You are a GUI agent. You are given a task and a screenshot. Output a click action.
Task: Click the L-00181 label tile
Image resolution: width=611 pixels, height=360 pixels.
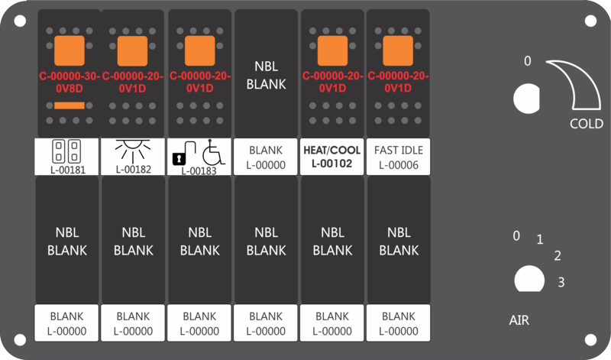(x=67, y=157)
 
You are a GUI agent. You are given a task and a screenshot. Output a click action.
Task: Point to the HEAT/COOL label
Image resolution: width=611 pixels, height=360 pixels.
(x=332, y=150)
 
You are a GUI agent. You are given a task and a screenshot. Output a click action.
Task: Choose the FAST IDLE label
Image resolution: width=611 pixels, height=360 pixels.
(x=398, y=150)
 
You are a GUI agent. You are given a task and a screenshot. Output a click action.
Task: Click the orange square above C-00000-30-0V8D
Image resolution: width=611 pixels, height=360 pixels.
(x=67, y=50)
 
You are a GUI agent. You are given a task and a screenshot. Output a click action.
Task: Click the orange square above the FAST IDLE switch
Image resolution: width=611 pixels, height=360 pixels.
(x=398, y=50)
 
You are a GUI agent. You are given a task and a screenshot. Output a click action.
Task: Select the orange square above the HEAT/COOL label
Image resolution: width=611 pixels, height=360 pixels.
(x=332, y=50)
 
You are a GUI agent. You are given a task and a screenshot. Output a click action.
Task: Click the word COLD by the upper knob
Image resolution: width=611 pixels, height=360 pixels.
(x=587, y=124)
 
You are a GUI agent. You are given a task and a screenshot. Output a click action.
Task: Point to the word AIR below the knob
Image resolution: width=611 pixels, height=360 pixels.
(x=519, y=320)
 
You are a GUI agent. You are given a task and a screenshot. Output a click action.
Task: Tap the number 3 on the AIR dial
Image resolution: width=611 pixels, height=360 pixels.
(x=561, y=283)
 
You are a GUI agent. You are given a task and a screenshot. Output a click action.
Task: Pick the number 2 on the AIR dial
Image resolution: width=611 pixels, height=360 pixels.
(x=558, y=256)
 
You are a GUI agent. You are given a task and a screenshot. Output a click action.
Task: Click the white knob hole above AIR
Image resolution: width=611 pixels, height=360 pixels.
(x=525, y=279)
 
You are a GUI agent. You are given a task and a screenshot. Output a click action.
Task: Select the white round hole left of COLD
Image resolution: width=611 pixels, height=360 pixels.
(x=525, y=98)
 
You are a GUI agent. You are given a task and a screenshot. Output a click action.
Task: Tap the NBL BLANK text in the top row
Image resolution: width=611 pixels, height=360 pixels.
(x=266, y=76)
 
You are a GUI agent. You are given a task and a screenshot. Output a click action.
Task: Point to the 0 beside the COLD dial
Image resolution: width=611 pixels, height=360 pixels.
(x=526, y=61)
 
